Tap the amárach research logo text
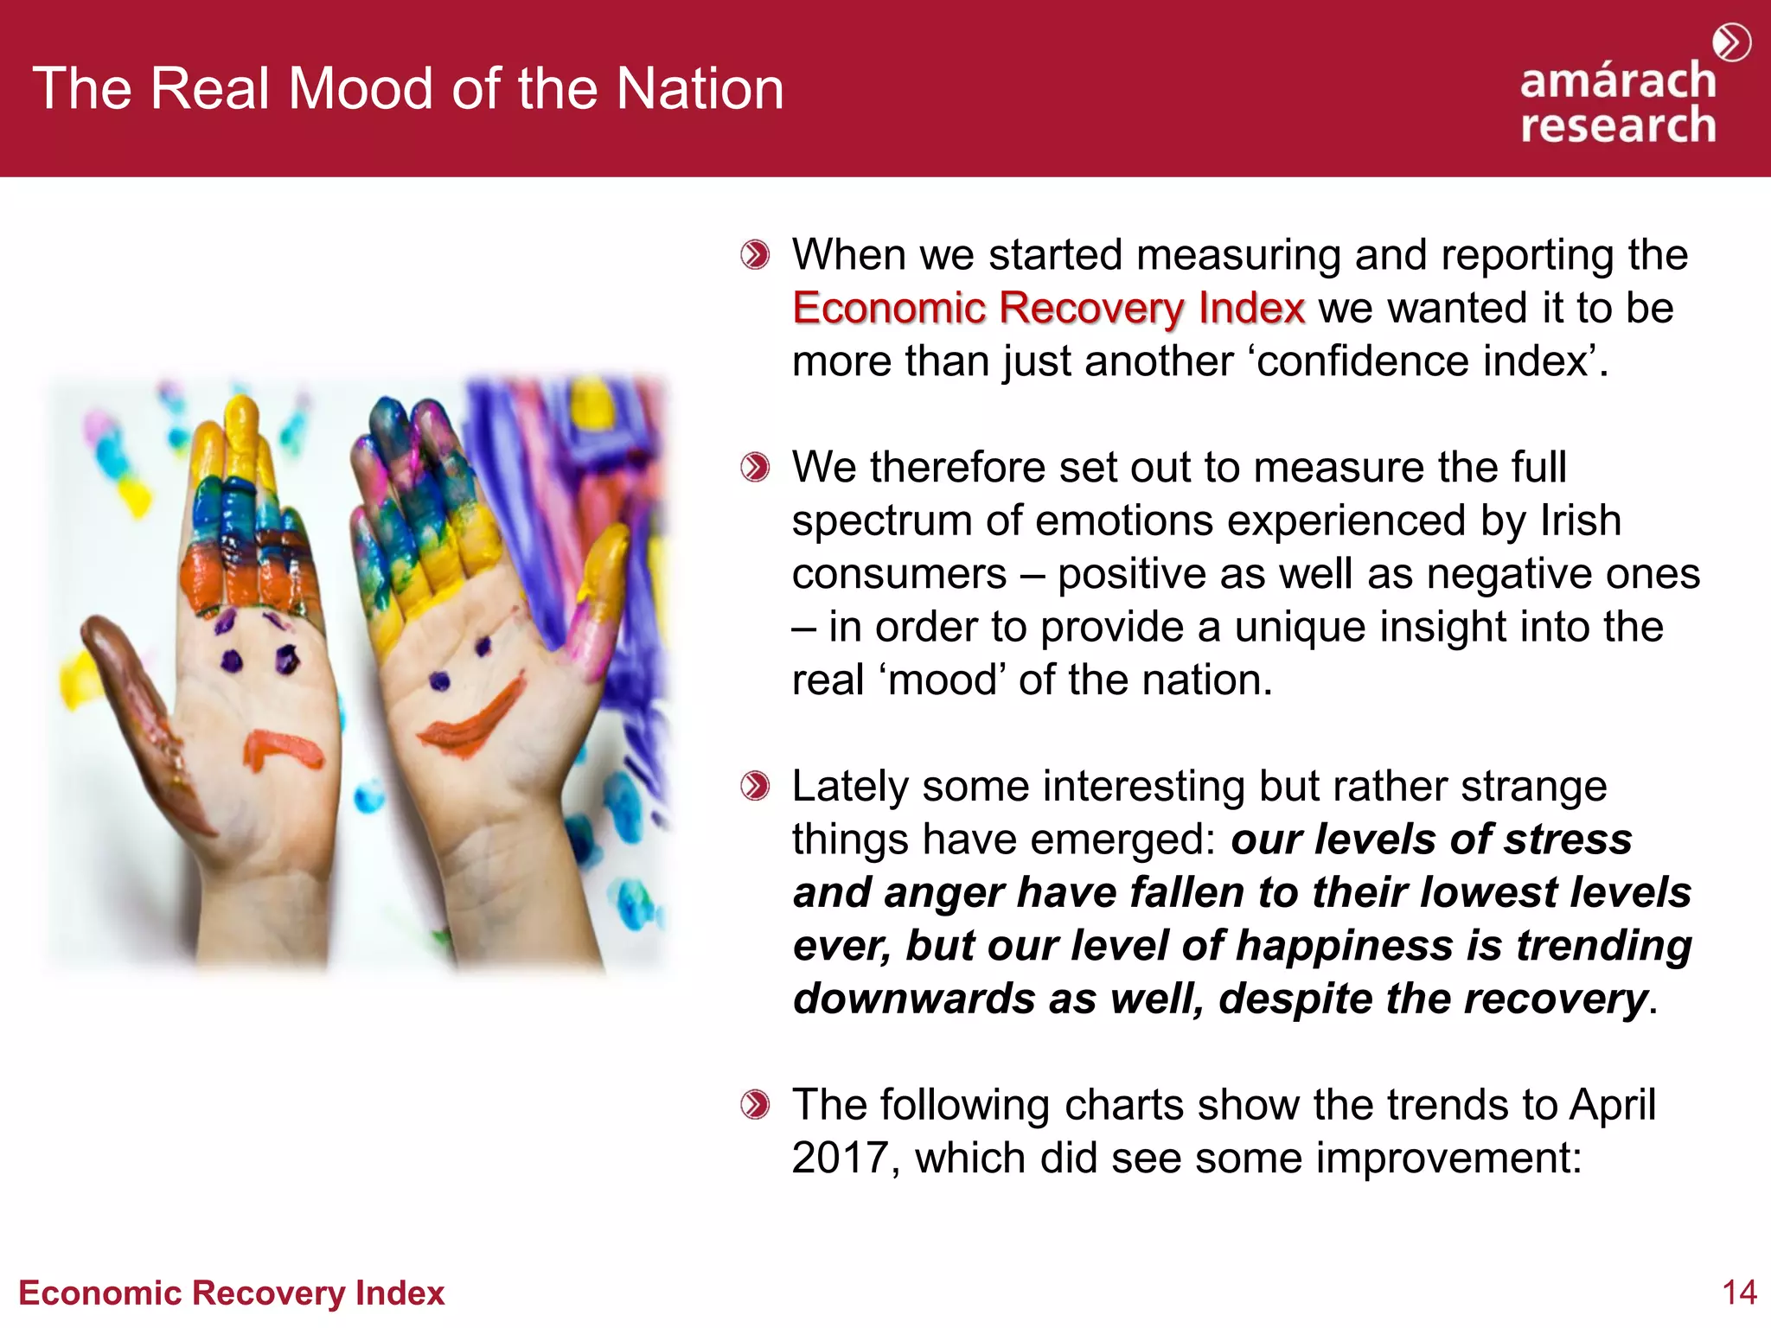click(x=1618, y=104)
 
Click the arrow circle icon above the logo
click(x=1732, y=42)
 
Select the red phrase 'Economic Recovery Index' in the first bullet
click(x=1048, y=309)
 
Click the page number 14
click(x=1739, y=1293)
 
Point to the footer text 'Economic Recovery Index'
click(x=231, y=1293)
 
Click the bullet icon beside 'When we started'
click(x=755, y=255)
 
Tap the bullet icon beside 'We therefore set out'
click(x=755, y=468)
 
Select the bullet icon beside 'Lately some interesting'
click(x=755, y=787)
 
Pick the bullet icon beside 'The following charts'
click(x=755, y=1105)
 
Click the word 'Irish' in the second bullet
click(x=1580, y=520)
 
